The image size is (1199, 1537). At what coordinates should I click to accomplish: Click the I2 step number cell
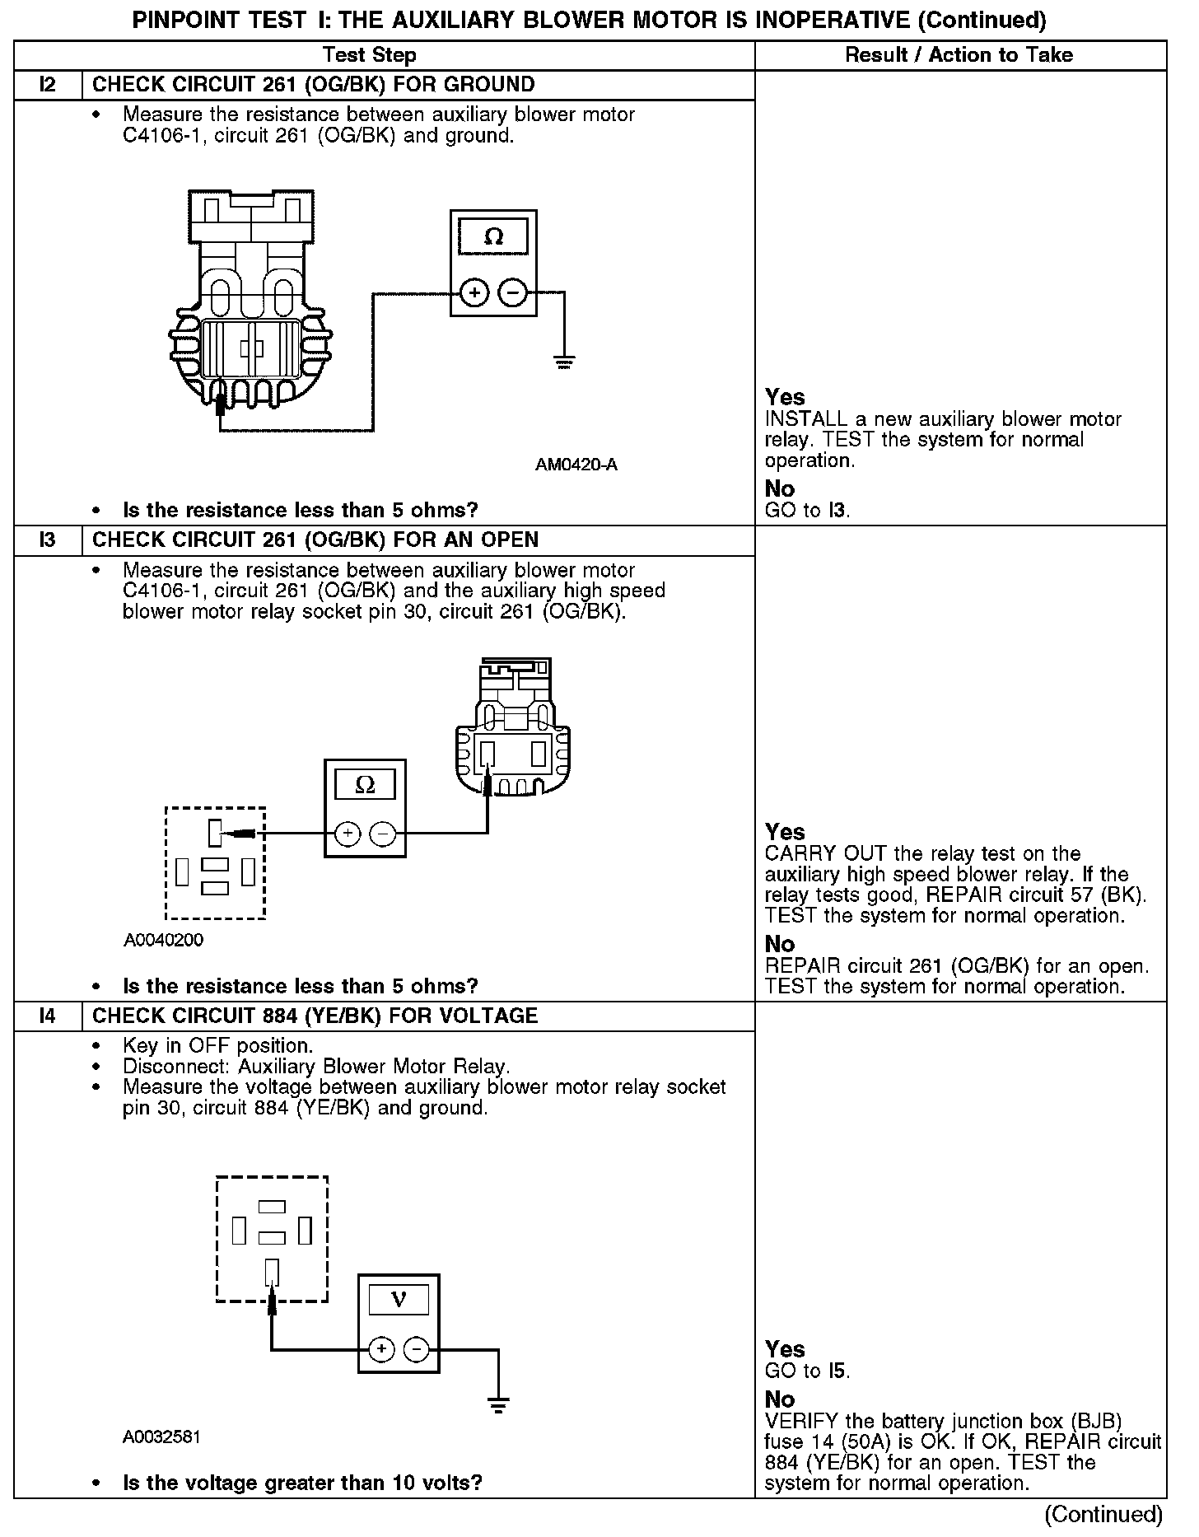48,85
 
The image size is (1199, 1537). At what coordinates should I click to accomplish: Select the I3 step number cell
48,540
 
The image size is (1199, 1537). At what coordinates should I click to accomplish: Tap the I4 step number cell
48,1016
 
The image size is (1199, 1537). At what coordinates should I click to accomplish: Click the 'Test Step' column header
370,55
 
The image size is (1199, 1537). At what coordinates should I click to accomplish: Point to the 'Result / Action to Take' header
959,55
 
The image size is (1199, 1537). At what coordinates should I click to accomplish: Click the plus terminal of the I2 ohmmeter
474,292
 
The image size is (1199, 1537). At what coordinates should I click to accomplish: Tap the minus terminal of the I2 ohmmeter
513,292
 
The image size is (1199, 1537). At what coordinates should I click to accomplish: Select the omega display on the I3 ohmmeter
365,786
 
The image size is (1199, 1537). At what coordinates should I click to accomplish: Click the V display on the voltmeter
399,1300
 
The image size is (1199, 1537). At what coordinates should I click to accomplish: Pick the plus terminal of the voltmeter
380,1349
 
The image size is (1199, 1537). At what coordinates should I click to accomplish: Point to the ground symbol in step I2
564,362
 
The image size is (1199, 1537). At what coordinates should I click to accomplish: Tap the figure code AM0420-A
576,465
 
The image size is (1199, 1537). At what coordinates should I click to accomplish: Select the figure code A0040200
163,941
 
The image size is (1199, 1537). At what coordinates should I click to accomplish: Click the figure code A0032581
161,1437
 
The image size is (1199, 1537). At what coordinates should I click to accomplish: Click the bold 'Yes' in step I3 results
785,832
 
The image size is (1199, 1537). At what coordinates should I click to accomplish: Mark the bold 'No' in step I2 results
780,489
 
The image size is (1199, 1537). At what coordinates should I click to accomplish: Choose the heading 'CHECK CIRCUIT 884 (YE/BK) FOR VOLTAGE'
315,1016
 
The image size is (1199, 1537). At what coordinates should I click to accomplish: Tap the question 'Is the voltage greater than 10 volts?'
302,1483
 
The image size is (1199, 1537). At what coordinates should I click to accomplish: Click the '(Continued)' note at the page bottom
1103,1514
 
